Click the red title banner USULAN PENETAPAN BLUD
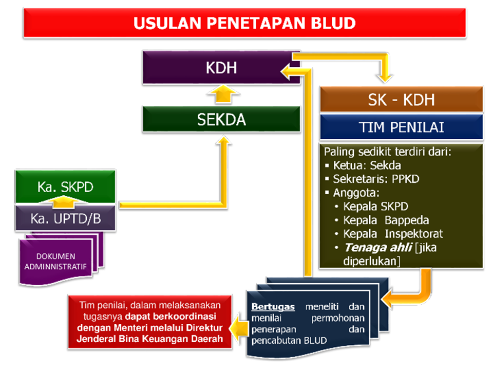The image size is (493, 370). click(244, 23)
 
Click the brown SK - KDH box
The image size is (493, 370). click(401, 100)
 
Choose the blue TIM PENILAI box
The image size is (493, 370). click(401, 127)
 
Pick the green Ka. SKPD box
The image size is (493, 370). click(65, 186)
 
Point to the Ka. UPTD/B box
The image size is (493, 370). click(65, 218)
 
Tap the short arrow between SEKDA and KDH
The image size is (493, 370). click(221, 95)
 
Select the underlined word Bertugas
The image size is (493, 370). click(273, 307)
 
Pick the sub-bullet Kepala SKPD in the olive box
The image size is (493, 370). click(375, 207)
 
